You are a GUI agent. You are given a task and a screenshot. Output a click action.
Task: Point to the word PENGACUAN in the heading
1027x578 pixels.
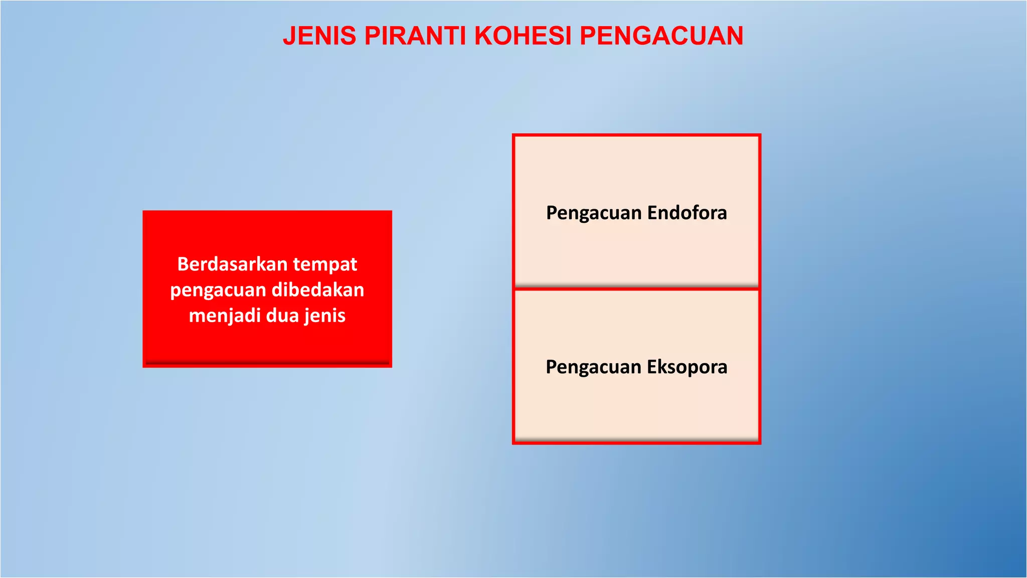point(661,36)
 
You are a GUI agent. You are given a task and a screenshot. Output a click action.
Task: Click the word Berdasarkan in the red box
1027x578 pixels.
point(232,264)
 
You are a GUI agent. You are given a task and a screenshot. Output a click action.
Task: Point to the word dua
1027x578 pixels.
point(282,316)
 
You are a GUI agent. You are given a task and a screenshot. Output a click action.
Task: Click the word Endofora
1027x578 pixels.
point(687,213)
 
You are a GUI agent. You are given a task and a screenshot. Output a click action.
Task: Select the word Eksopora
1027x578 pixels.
point(687,367)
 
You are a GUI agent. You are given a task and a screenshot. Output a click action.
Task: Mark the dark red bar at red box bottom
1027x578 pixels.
point(267,362)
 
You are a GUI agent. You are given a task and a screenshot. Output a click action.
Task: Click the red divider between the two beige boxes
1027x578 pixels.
point(636,288)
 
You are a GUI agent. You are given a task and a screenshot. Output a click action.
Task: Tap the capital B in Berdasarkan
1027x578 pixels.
point(183,264)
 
